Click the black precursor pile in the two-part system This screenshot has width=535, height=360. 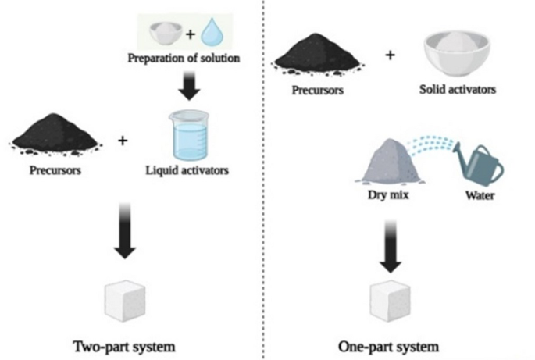point(55,131)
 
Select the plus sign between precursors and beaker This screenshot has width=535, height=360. point(122,141)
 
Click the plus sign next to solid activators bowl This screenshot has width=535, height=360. point(390,55)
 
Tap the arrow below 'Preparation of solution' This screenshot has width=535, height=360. point(187,86)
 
